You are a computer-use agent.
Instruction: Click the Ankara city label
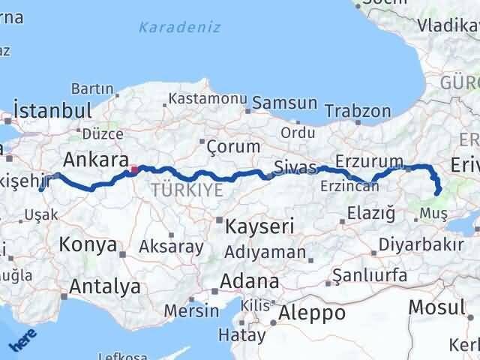[x=95, y=160]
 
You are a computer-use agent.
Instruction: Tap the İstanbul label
[x=52, y=110]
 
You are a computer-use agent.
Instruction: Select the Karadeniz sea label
[x=180, y=28]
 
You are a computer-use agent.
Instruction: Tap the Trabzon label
[x=364, y=112]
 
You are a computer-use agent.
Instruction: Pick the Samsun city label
[x=284, y=102]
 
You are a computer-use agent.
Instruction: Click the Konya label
[x=88, y=244]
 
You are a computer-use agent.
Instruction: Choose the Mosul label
[x=436, y=306]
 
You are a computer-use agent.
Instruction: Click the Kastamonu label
[x=208, y=99]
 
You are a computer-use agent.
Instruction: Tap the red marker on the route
[x=133, y=169]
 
